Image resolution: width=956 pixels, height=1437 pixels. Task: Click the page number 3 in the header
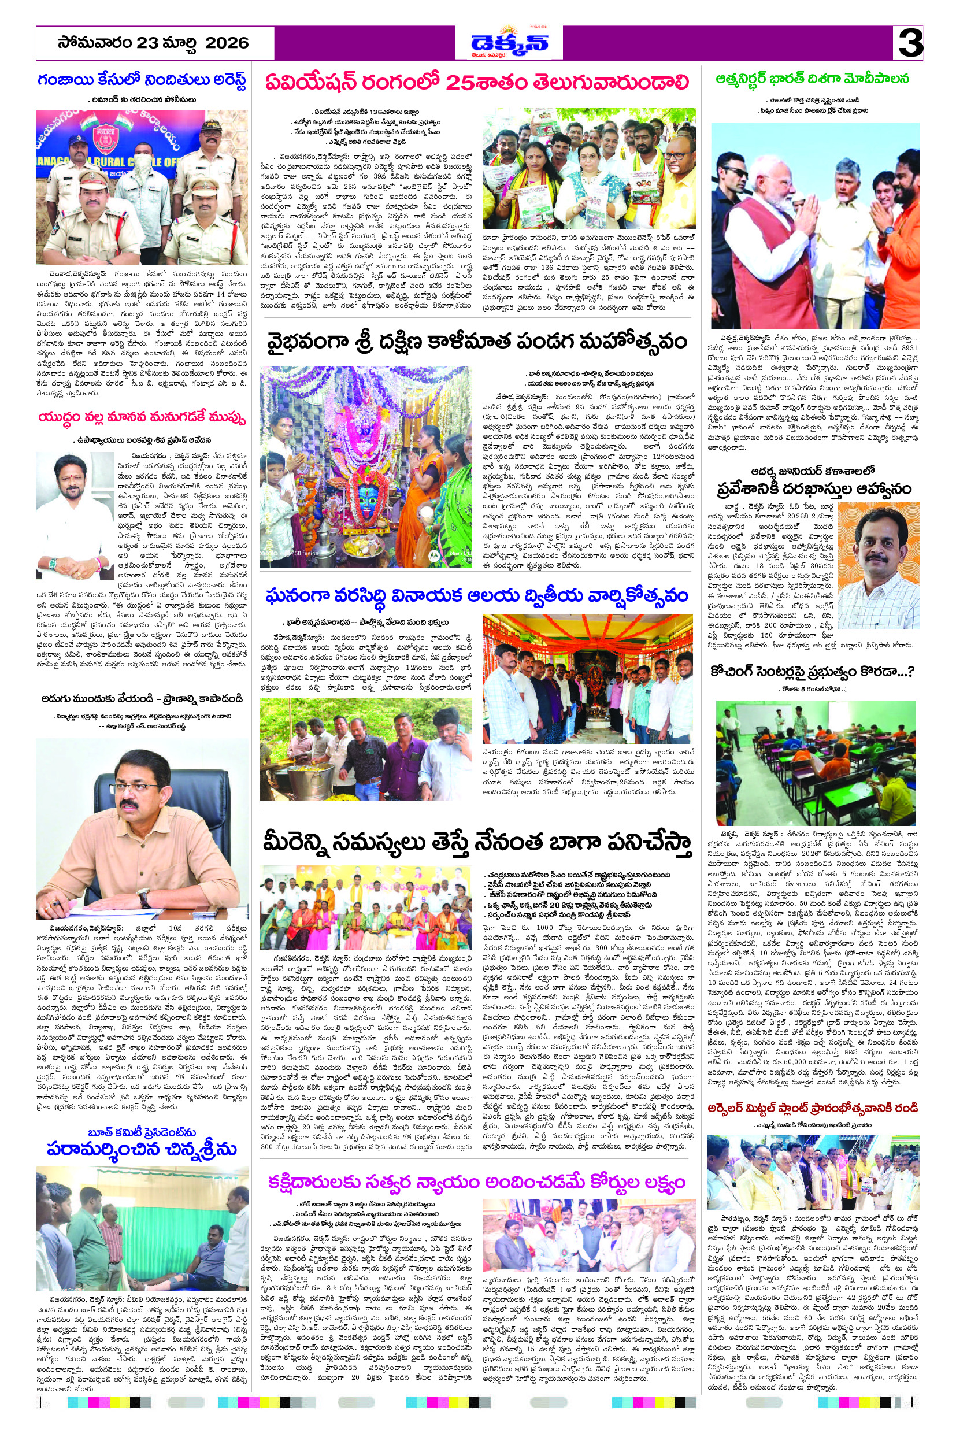910,43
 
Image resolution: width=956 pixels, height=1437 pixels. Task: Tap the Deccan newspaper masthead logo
509,43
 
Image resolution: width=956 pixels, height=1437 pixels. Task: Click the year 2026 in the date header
227,43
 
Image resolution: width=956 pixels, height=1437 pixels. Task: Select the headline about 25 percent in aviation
477,83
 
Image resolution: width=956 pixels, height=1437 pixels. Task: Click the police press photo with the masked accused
142,187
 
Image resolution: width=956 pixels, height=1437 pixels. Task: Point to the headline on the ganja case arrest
142,80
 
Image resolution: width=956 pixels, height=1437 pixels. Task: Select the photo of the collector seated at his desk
142,827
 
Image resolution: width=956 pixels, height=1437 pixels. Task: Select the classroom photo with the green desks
815,762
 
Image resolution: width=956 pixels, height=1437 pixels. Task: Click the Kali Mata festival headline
477,341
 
